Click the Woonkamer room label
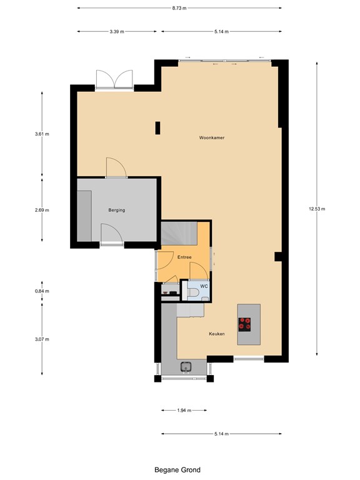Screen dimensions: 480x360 (211, 137)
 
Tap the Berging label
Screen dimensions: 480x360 (116, 210)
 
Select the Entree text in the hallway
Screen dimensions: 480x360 (184, 257)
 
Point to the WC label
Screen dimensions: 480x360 (204, 286)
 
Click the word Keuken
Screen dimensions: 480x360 (217, 334)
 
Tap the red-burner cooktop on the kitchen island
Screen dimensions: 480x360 (244, 324)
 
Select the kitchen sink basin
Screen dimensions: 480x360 (186, 367)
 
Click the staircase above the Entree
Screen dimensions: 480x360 (179, 234)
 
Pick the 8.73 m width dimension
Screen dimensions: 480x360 (181, 8)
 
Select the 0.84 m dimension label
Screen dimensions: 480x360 (42, 291)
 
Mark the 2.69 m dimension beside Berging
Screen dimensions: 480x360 (42, 210)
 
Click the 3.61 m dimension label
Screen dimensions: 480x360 (42, 133)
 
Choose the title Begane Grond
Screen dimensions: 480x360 (177, 469)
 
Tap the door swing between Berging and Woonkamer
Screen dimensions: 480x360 (116, 167)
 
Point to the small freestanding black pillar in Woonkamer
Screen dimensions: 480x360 (157, 128)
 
